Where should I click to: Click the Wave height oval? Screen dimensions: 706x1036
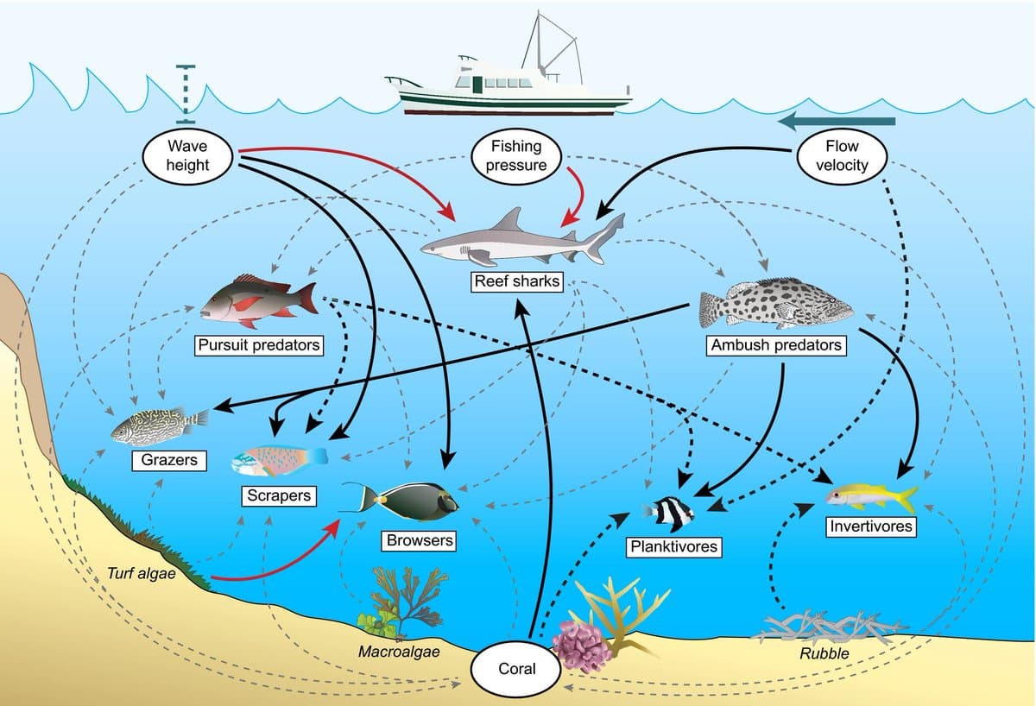click(187, 155)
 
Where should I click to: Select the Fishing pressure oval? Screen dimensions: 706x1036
click(516, 155)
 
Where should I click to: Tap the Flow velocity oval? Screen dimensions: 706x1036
click(842, 155)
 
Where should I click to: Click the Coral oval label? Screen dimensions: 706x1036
click(516, 669)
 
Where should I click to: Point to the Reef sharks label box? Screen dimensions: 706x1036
click(517, 281)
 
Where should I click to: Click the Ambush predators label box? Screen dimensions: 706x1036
click(775, 345)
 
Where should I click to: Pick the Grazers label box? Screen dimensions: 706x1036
click(169, 460)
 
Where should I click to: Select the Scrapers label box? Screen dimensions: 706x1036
click(278, 496)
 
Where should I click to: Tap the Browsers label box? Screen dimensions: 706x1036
click(420, 541)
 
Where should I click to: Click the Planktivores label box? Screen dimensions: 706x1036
click(673, 546)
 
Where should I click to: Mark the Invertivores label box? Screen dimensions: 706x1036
click(870, 526)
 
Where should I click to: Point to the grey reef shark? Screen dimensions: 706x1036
click(518, 242)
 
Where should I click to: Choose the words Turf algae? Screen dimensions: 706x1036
click(141, 572)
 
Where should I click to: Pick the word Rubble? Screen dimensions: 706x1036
click(824, 653)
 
